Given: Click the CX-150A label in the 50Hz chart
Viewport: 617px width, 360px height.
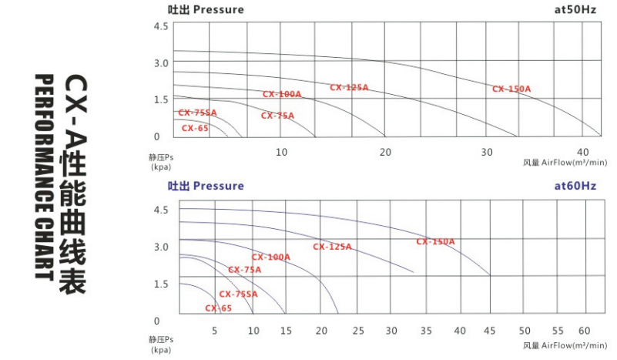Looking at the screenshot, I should tap(511, 89).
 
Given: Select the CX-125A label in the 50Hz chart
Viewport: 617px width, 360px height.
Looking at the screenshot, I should tap(349, 88).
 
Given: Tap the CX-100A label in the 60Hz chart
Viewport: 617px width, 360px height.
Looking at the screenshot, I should tap(270, 257).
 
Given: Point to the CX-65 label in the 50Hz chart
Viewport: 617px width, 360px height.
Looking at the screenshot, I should tap(195, 129).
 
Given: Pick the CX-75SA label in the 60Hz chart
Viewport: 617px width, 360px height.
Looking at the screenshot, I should tap(238, 294).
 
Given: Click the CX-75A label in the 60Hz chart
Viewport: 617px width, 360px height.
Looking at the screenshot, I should tap(244, 270).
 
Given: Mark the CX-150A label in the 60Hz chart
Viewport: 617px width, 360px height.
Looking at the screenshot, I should tap(435, 242).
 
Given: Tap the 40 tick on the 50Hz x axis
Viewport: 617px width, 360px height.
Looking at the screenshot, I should tap(583, 152).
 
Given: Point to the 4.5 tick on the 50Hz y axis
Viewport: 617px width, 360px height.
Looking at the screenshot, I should tap(160, 26).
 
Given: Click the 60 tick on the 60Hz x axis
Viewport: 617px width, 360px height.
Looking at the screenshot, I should tap(584, 331).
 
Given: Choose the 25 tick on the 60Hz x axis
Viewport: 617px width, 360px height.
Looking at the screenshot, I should tap(357, 331).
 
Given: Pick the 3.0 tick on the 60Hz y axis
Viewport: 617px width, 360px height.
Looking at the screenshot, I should tap(160, 247).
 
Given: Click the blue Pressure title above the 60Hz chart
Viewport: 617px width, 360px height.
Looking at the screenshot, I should tap(218, 186).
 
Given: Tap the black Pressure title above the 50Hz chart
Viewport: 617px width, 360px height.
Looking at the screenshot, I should tap(218, 10).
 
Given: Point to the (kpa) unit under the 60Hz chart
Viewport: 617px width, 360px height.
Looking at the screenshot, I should tap(161, 349).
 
